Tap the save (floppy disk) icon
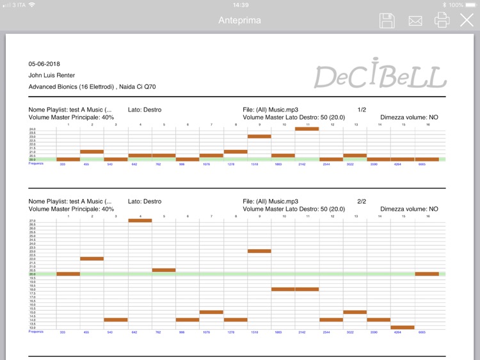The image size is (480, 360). tap(387, 20)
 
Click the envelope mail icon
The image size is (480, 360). tap(415, 20)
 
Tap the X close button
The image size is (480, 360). tap(467, 20)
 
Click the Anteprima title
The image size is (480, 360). tap(239, 20)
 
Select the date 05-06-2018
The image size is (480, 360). tap(44, 64)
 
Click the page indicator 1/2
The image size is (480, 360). tap(362, 110)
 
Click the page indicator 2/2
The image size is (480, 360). tap(362, 201)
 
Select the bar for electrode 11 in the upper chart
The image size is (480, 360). tap(307, 129)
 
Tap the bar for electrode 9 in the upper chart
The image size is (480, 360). tap(259, 136)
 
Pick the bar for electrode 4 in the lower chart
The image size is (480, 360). tap(140, 220)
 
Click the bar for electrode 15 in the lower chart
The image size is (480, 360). tap(403, 327)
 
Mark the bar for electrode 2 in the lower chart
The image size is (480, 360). tap(92, 259)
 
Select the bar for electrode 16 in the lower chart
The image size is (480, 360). tap(427, 274)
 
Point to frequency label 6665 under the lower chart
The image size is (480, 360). tap(422, 332)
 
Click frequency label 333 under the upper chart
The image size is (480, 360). tap(63, 165)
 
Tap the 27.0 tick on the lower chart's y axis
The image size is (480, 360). tap(32, 221)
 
